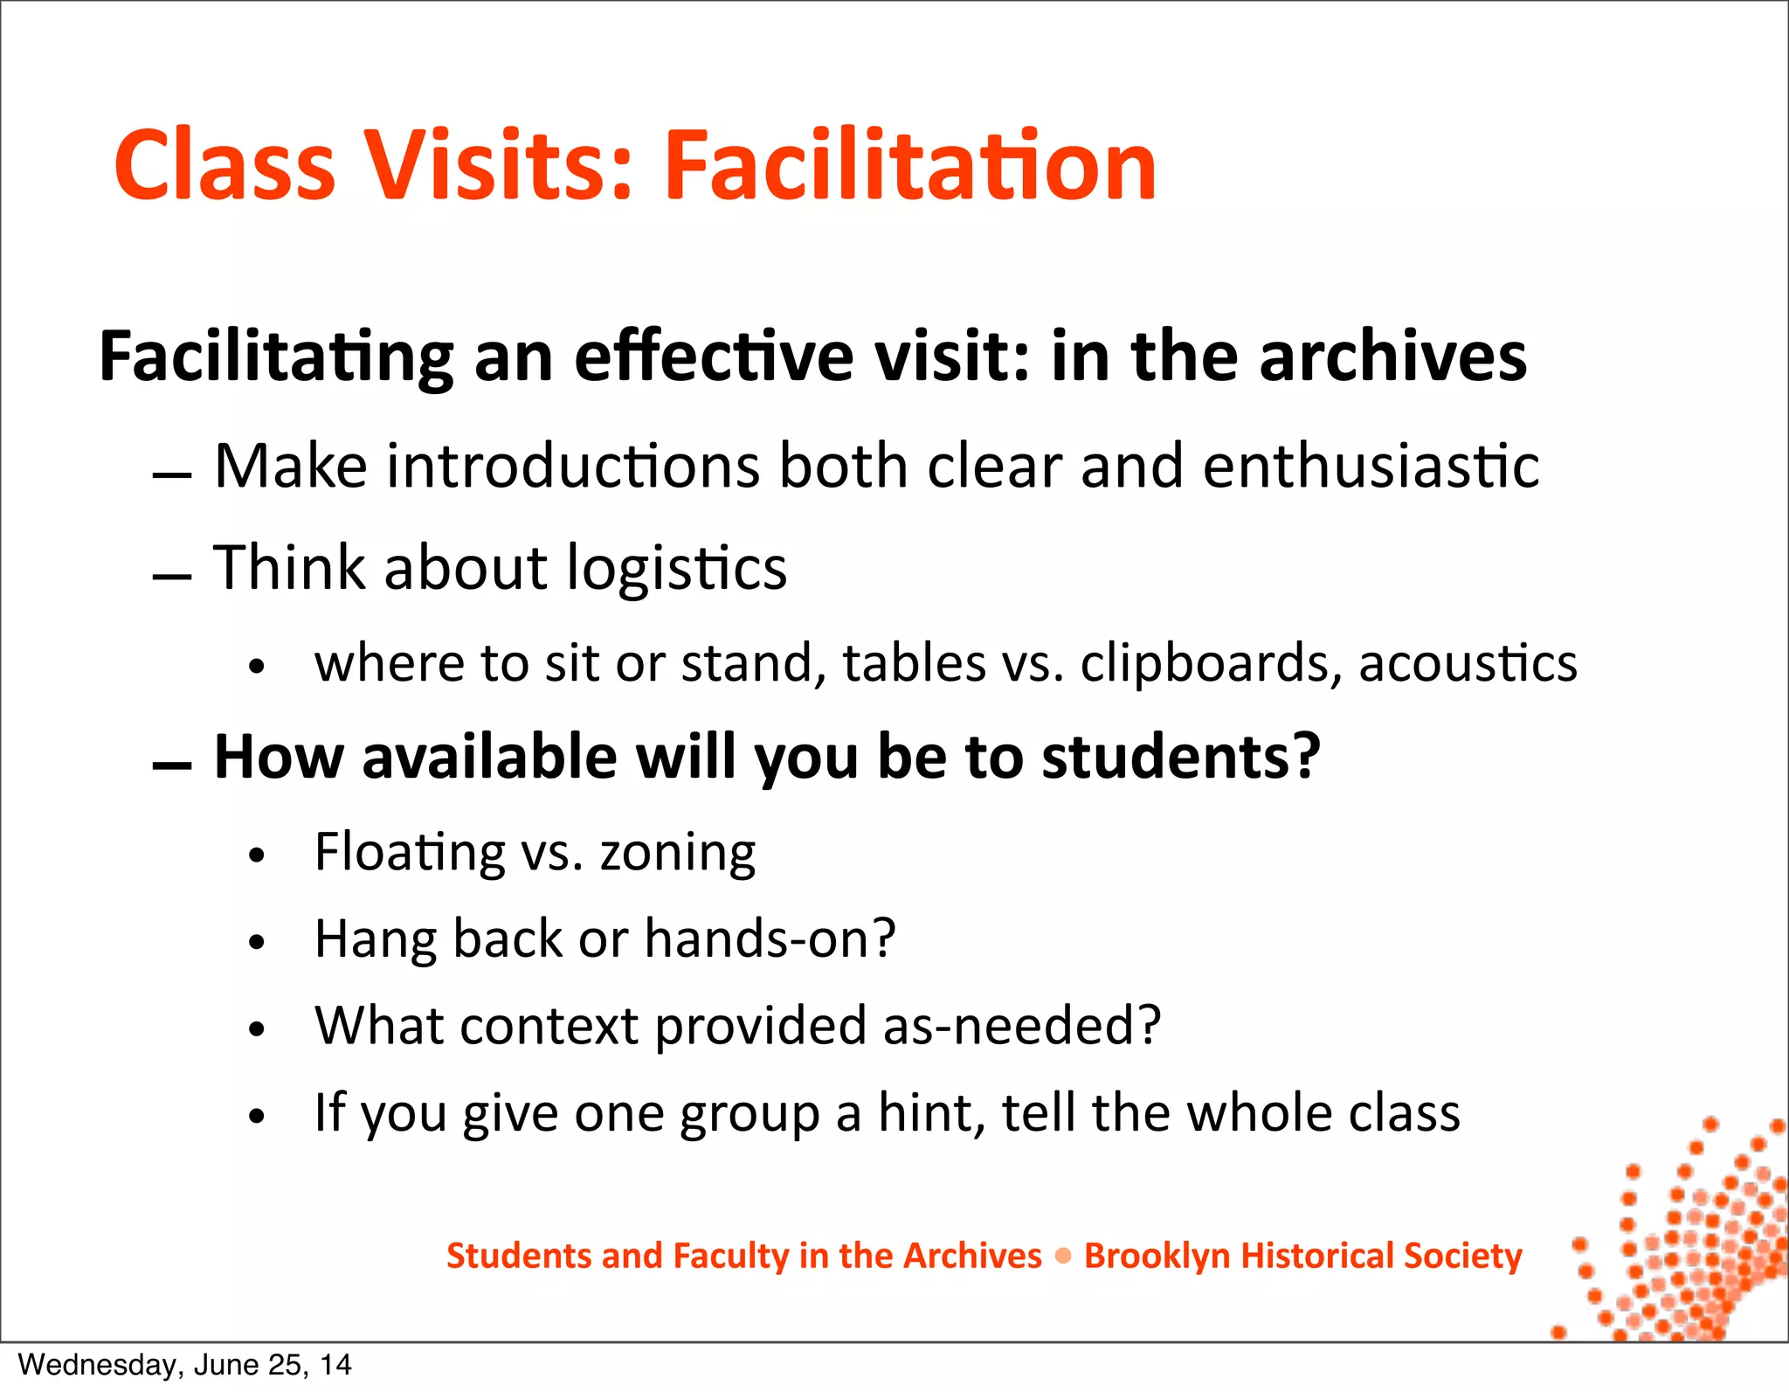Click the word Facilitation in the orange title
pyautogui.click(x=910, y=166)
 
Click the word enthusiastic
pyautogui.click(x=1371, y=466)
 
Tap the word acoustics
pyautogui.click(x=1468, y=663)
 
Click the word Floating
pyautogui.click(x=410, y=853)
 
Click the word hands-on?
pyautogui.click(x=770, y=939)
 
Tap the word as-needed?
pyautogui.click(x=1022, y=1026)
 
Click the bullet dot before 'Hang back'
pyautogui.click(x=256, y=942)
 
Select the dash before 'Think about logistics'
pyautogui.click(x=171, y=577)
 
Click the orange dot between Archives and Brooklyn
pyautogui.click(x=1063, y=1257)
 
